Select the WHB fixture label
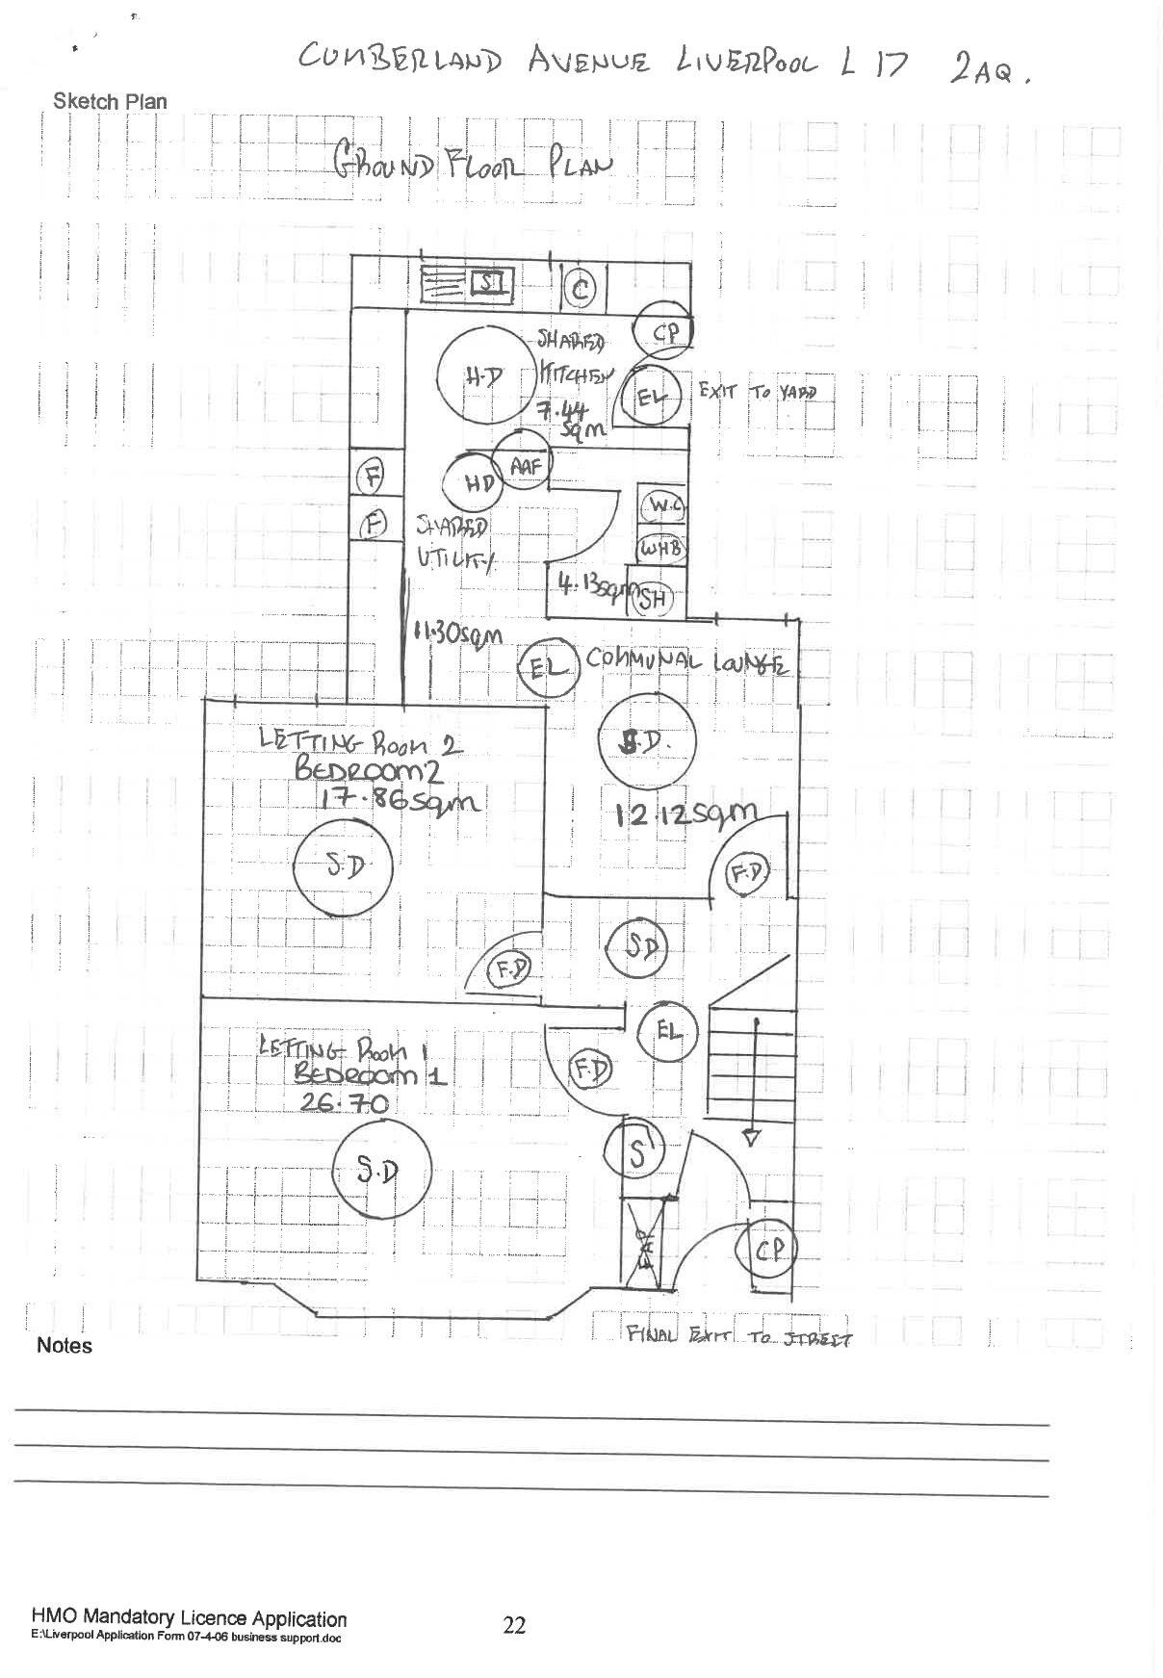[661, 548]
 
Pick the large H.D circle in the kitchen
[486, 377]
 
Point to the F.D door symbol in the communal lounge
[747, 871]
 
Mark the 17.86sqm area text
[392, 800]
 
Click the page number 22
[514, 1625]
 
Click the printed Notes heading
[65, 1346]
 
